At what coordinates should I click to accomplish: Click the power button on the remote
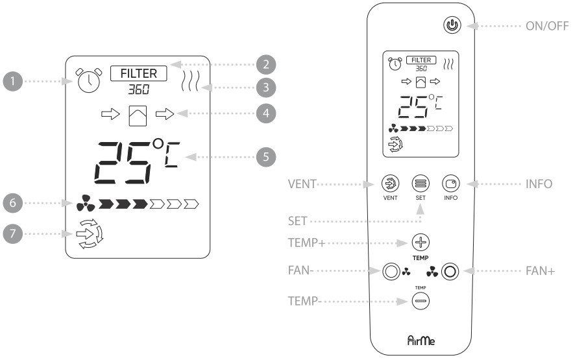click(452, 27)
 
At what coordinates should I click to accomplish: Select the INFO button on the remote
click(450, 184)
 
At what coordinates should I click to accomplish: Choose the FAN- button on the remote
click(391, 271)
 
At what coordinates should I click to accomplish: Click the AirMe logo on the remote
click(421, 338)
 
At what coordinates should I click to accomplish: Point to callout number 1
click(11, 82)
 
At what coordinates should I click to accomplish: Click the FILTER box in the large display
click(138, 73)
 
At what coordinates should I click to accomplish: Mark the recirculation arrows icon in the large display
click(86, 234)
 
